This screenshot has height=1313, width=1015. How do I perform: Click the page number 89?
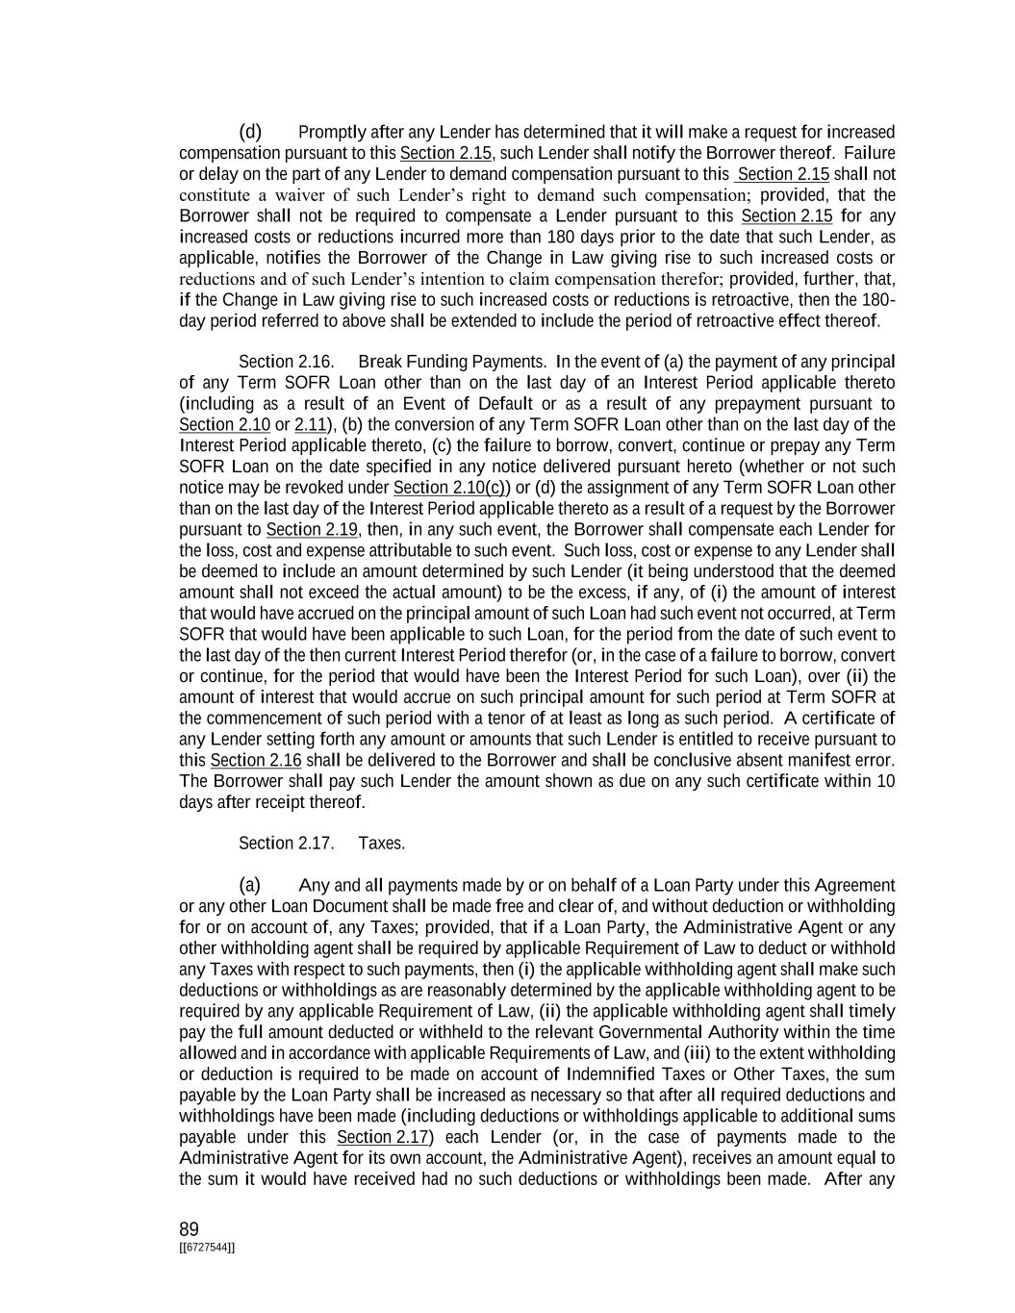(x=189, y=1229)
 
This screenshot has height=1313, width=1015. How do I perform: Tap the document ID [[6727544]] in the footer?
(x=207, y=1248)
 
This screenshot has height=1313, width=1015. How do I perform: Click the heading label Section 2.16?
(x=286, y=362)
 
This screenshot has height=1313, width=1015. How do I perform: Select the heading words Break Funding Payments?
(x=451, y=362)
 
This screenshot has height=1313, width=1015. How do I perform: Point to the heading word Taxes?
(x=381, y=844)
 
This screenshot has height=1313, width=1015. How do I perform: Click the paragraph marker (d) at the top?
(x=250, y=132)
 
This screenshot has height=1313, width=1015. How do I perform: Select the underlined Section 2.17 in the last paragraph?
(x=383, y=1137)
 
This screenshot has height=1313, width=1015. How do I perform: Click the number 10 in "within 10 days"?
(x=886, y=781)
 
